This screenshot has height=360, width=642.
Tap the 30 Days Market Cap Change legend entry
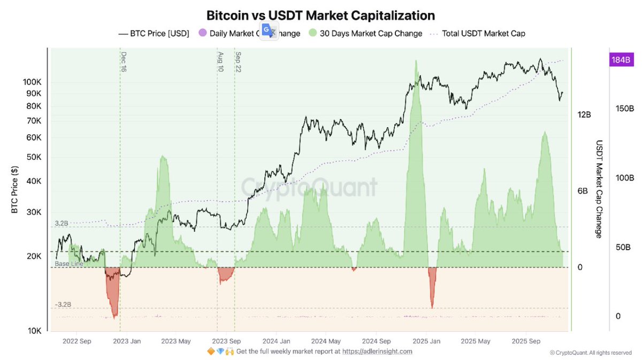[x=370, y=33]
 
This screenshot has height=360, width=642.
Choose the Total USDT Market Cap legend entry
[x=483, y=33]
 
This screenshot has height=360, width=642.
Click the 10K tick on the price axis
[x=33, y=331]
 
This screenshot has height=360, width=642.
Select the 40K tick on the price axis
[x=33, y=181]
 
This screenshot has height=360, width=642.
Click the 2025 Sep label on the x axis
[x=525, y=341]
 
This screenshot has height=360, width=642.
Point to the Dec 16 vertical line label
[x=124, y=62]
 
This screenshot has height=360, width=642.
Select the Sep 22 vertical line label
[x=238, y=62]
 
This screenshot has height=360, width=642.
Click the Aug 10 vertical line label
[x=220, y=62]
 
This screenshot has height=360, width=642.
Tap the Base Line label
[x=68, y=264]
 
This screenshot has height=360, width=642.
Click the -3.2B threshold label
[x=63, y=304]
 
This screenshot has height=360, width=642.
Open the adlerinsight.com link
[x=377, y=351]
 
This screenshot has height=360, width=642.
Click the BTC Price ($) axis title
[x=14, y=190]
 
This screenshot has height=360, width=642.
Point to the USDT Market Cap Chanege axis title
[x=599, y=189]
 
